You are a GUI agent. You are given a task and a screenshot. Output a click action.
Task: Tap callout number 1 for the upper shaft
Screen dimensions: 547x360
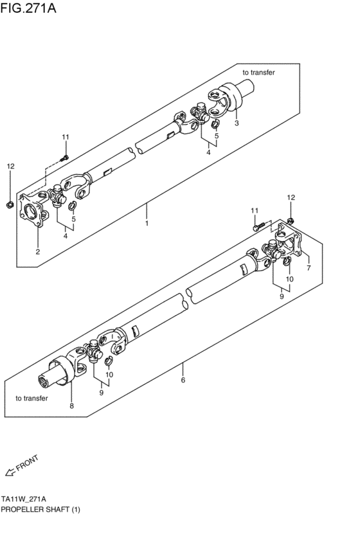pos(147,223)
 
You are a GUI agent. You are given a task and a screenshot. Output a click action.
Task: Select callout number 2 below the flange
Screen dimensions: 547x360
pos(38,251)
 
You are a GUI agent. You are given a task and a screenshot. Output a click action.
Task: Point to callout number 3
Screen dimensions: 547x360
pos(237,123)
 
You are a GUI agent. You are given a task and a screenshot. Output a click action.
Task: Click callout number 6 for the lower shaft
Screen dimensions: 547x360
pos(183,380)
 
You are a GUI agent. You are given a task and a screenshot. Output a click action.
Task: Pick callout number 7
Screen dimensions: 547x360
pos(309,267)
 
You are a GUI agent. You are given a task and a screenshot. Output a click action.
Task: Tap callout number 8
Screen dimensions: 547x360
pos(72,406)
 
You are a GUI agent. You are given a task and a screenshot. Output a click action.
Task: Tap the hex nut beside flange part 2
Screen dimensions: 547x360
pos(10,204)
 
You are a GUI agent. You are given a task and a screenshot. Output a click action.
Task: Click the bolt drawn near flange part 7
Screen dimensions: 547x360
pos(256,226)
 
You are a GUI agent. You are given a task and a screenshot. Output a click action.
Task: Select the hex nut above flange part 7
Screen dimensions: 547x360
pos(291,221)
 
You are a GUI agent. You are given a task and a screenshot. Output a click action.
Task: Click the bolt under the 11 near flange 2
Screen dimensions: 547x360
pos(64,156)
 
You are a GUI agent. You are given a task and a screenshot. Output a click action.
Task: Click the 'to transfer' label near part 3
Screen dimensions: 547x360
pos(258,73)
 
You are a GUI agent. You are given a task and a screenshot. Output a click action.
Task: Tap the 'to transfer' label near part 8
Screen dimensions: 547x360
pos(32,399)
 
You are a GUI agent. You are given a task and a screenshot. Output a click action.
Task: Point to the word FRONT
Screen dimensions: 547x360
pos(28,463)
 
